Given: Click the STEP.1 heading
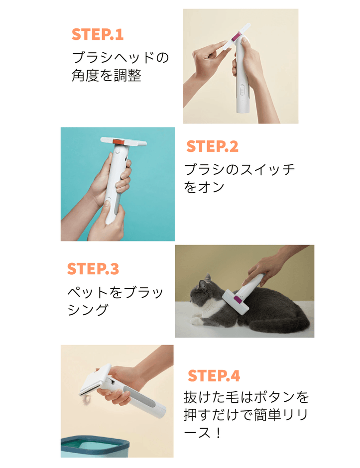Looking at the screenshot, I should (x=97, y=35).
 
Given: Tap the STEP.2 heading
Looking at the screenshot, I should (x=212, y=147).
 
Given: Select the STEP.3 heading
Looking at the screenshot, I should (x=93, y=269).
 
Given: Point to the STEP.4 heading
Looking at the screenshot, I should (x=214, y=375).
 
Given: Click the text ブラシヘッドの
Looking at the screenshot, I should (x=120, y=57).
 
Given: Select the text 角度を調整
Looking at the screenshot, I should (x=107, y=76).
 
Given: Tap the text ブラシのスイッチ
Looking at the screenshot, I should (x=240, y=169).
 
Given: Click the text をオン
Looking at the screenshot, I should (x=204, y=188).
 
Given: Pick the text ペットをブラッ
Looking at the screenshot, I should (x=115, y=292).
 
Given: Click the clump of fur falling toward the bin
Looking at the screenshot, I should (x=85, y=399).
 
